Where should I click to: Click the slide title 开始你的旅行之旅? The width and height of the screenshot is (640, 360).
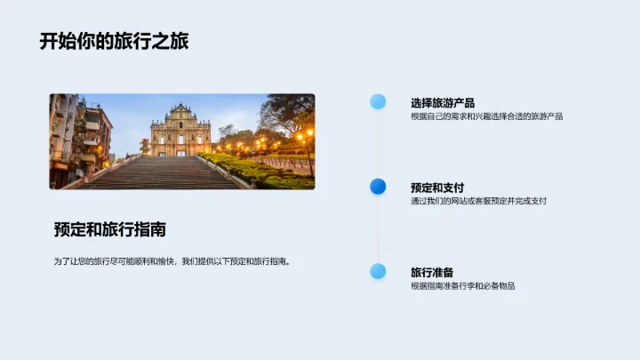(114, 41)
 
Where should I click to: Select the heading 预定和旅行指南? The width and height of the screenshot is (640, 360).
(109, 229)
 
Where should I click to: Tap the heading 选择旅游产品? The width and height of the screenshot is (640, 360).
(442, 102)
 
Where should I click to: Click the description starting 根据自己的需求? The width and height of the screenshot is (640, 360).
(486, 116)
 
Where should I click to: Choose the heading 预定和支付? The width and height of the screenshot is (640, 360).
(437, 187)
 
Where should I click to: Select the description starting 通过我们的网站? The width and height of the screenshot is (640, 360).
(478, 201)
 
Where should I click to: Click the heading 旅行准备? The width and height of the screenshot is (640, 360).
(432, 272)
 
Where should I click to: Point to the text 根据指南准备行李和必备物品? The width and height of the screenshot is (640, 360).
(462, 286)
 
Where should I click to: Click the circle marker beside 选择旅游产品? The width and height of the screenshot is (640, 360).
(378, 101)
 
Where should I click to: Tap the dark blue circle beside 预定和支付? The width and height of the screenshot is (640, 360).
(378, 186)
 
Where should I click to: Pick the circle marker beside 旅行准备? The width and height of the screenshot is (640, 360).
(378, 271)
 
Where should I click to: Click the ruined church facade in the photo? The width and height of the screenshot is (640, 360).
(180, 132)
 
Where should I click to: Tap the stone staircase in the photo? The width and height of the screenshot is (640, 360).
(160, 172)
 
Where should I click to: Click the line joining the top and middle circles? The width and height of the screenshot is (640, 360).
(378, 144)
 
